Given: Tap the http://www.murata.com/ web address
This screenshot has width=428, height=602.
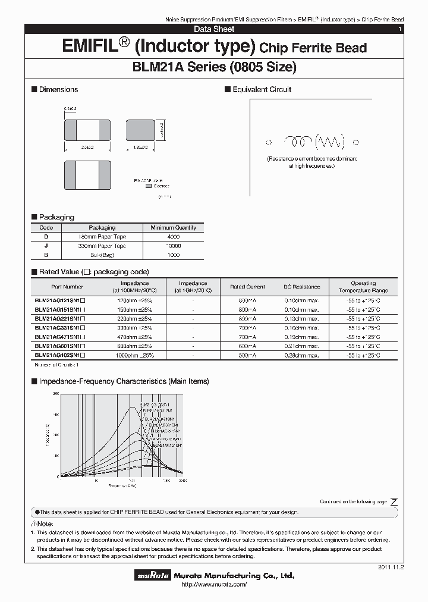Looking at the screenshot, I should [x=213, y=585].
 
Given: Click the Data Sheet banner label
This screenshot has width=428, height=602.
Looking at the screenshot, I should [x=214, y=29].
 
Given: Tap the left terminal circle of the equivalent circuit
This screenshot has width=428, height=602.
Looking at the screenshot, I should [x=268, y=142].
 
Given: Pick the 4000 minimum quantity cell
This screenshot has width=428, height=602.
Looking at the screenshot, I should [x=174, y=236].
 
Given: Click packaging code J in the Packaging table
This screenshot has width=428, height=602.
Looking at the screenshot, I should [x=46, y=246].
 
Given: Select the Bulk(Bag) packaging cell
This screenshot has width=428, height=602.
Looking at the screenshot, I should [x=102, y=255].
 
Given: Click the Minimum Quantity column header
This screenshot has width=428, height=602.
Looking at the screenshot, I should [x=174, y=227].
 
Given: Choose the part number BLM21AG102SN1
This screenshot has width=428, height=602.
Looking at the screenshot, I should [x=59, y=355].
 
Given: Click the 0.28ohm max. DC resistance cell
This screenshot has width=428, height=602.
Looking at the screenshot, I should [x=301, y=355].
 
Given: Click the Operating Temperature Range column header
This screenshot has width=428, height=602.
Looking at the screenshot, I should [x=363, y=287].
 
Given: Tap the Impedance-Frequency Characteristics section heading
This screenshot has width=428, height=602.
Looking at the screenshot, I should [x=124, y=381].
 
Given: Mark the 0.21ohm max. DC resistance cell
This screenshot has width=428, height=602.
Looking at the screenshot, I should [x=301, y=346].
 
